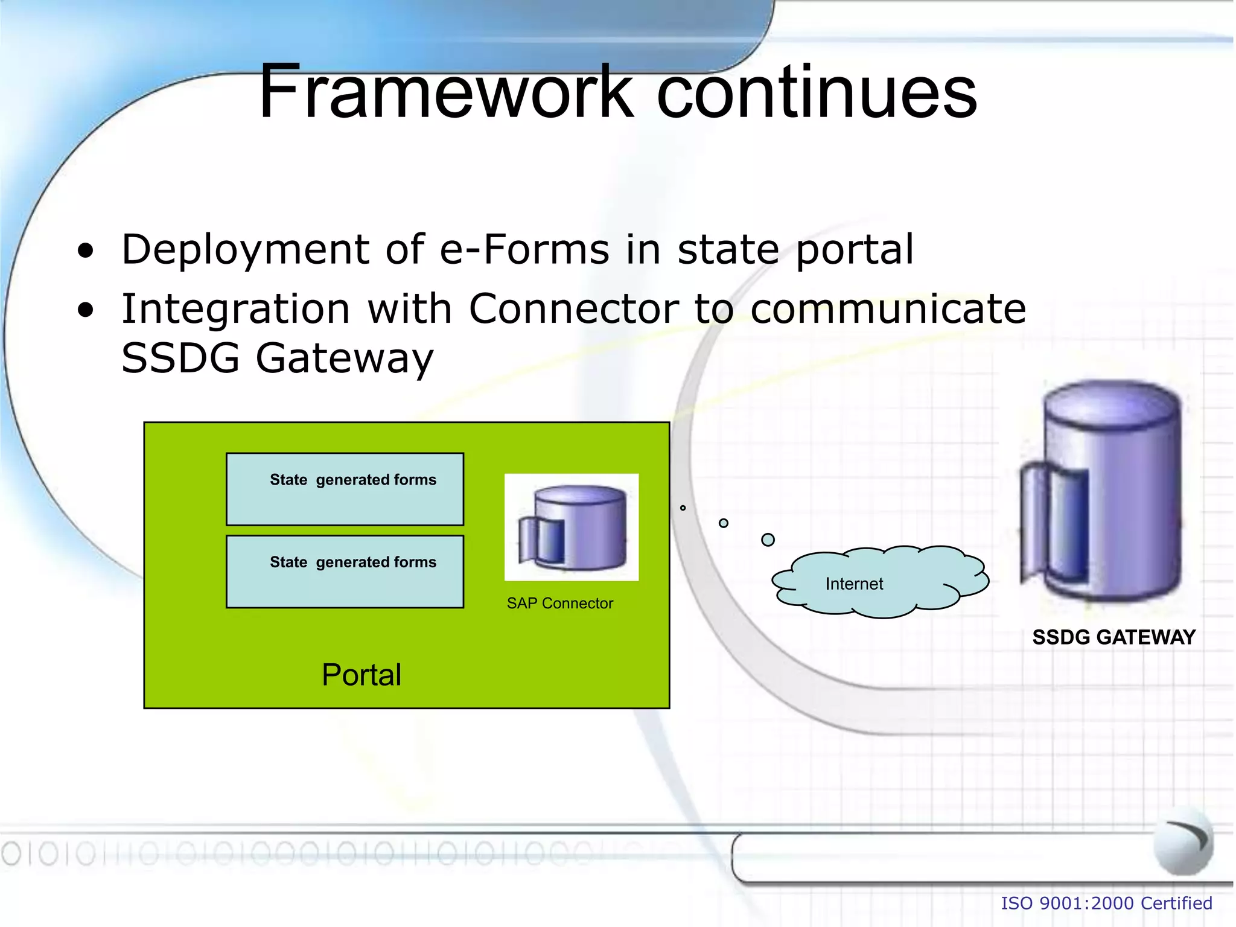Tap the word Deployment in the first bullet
pyautogui.click(x=245, y=250)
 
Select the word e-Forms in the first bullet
pyautogui.click(x=524, y=249)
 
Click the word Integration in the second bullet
pyautogui.click(x=235, y=309)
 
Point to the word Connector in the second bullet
pyautogui.click(x=573, y=309)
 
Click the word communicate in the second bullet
pyautogui.click(x=887, y=309)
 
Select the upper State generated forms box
pyautogui.click(x=345, y=489)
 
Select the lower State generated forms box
pyautogui.click(x=345, y=572)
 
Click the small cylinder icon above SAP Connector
pyautogui.click(x=572, y=527)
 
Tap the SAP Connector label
pyautogui.click(x=559, y=603)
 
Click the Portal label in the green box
pyautogui.click(x=361, y=675)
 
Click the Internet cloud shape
pyautogui.click(x=881, y=583)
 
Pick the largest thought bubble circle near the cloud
pyautogui.click(x=768, y=540)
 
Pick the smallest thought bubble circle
pyautogui.click(x=683, y=508)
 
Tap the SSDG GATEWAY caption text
pyautogui.click(x=1113, y=637)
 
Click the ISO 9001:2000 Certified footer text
pyautogui.click(x=1106, y=903)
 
